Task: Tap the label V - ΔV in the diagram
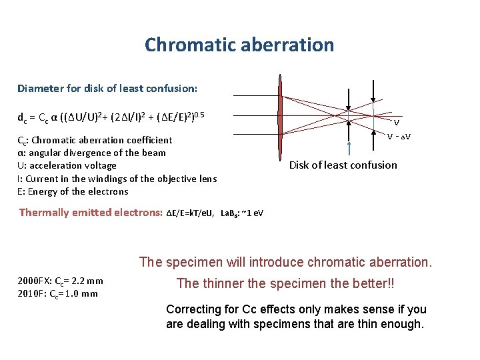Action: click(399, 137)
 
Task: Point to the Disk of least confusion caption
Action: click(343, 165)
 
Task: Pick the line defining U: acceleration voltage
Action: click(67, 165)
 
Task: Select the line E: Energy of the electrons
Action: click(73, 191)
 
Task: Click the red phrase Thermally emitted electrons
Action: click(91, 213)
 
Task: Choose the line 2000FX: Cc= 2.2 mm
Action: click(61, 281)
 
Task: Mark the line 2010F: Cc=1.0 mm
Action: click(58, 293)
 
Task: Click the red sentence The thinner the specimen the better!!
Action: click(285, 284)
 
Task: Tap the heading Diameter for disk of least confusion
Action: click(107, 88)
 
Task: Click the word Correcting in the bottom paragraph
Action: click(193, 310)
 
